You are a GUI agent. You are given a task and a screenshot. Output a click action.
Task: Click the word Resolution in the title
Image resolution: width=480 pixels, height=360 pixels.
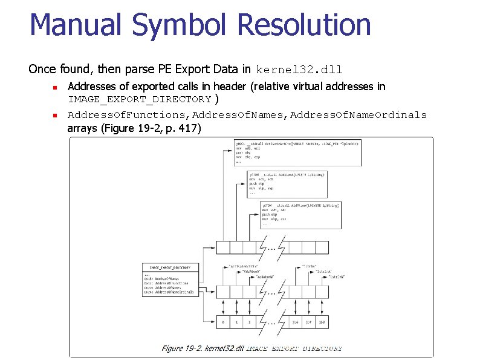305,25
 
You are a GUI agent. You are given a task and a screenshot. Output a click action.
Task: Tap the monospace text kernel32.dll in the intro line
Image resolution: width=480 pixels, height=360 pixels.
299,69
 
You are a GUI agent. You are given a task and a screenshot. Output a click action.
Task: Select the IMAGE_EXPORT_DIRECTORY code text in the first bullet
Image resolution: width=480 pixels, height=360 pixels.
140,99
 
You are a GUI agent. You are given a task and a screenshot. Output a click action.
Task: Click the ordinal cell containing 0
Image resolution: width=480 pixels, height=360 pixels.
223,322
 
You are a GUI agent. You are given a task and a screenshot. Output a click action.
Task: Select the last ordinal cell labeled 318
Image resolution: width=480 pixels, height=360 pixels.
323,322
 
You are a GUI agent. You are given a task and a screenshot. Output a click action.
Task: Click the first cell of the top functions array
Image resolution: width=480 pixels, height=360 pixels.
223,247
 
